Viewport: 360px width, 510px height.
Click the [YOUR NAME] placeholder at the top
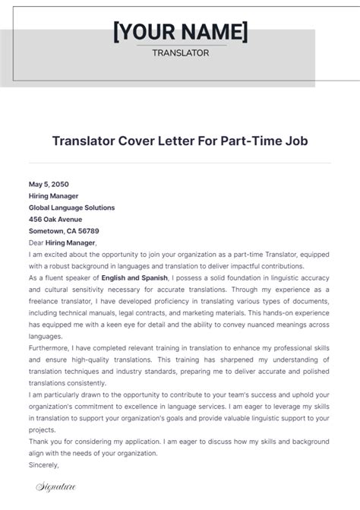click(x=180, y=32)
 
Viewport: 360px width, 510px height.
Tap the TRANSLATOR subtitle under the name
click(x=179, y=52)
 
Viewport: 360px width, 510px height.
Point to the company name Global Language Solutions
click(x=71, y=207)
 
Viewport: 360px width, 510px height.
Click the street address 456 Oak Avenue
click(x=55, y=219)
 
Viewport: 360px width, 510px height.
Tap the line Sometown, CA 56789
click(x=64, y=230)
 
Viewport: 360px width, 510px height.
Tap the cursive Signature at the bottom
click(x=55, y=486)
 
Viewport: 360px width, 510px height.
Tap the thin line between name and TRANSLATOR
click(x=179, y=45)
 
